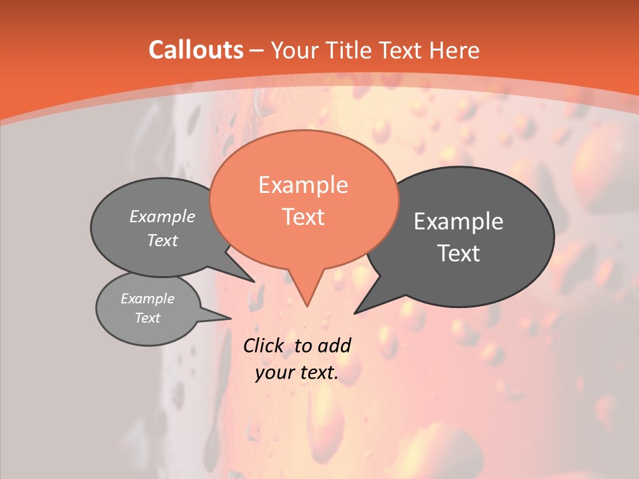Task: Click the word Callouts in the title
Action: [196, 51]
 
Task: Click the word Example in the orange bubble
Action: [303, 185]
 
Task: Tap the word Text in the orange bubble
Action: [303, 217]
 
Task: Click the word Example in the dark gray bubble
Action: [459, 222]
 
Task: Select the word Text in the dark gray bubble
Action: [459, 253]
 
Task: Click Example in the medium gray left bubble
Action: [162, 216]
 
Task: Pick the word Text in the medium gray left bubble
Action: [162, 241]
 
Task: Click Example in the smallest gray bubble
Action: [148, 299]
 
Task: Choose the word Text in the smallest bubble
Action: [148, 318]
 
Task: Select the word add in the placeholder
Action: [334, 346]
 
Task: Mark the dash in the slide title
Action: [257, 51]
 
